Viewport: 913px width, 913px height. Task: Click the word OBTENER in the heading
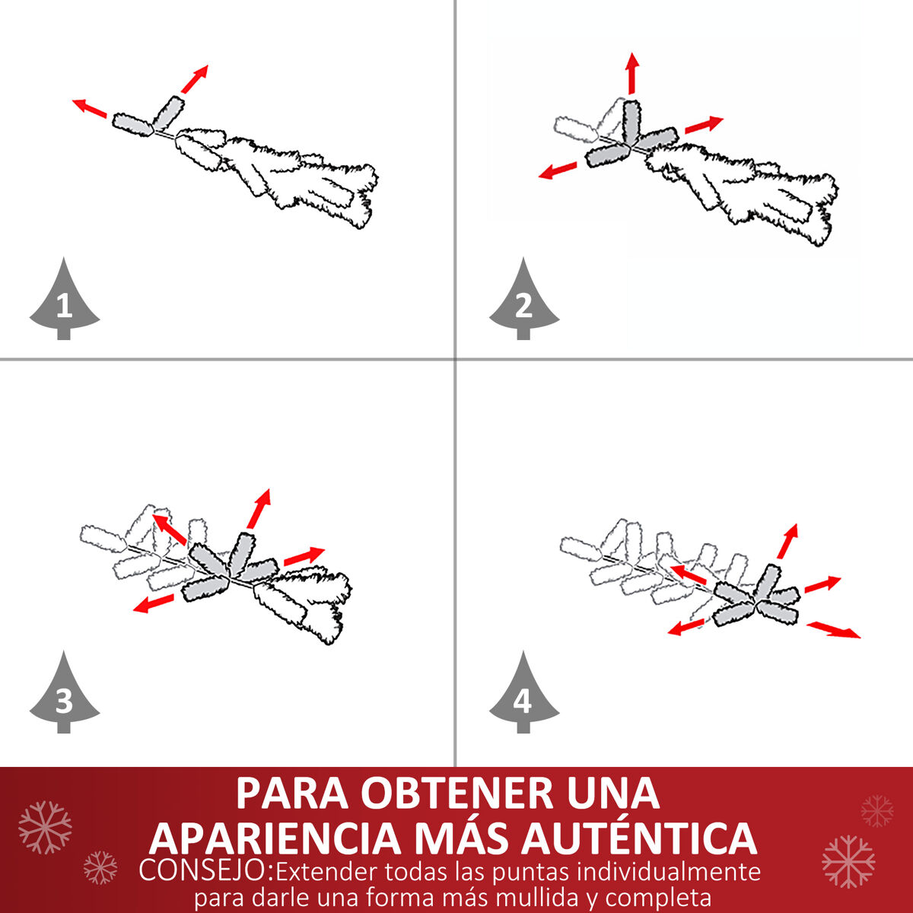(x=456, y=793)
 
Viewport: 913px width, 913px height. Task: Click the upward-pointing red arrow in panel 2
(x=632, y=73)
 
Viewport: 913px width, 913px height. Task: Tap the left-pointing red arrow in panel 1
(x=89, y=108)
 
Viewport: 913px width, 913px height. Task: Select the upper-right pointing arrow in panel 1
(x=195, y=78)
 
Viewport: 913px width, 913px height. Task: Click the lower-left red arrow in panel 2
(x=558, y=170)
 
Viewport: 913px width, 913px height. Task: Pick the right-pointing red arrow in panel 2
(x=704, y=124)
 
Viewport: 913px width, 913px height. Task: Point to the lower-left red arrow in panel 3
(x=154, y=603)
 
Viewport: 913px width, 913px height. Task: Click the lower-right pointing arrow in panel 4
(x=833, y=630)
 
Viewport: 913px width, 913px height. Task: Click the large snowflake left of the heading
(x=45, y=828)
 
